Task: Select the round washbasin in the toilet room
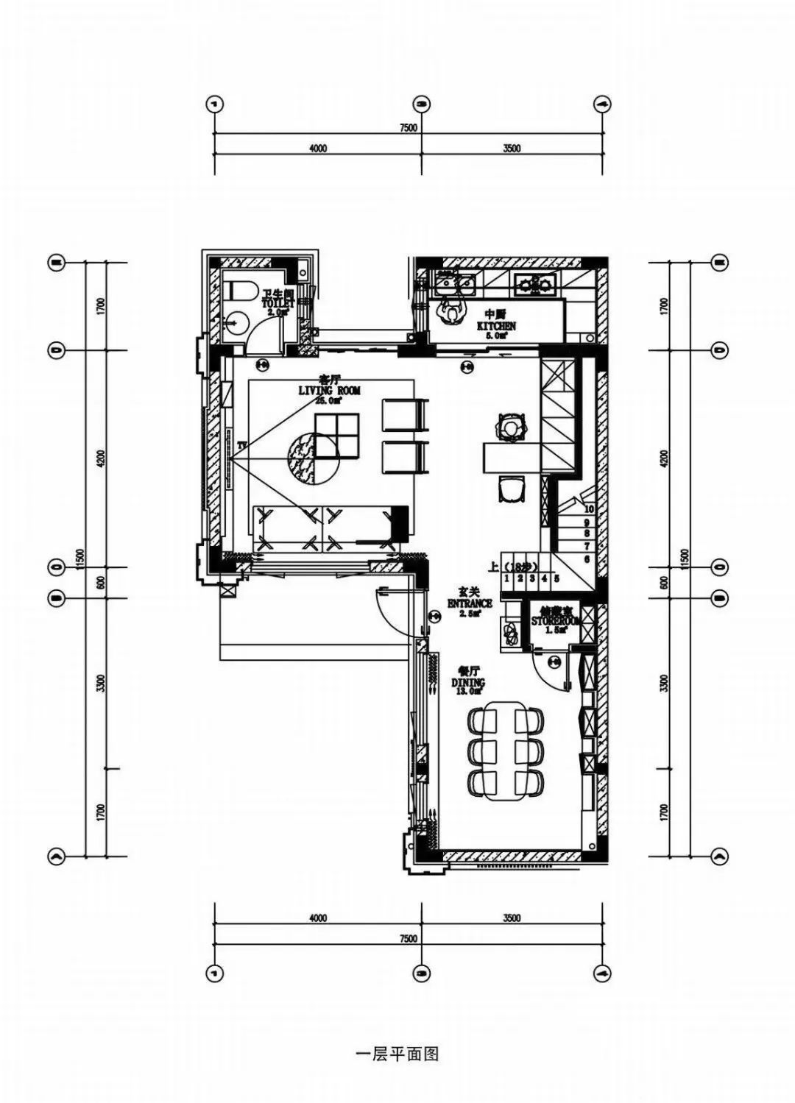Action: [235, 322]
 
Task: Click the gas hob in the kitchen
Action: [535, 281]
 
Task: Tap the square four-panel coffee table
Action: [336, 436]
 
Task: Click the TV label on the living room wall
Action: [241, 446]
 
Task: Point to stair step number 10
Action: [589, 508]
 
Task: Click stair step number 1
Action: [508, 578]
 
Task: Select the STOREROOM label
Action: [556, 621]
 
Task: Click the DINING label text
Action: [468, 683]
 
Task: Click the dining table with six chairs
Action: [506, 751]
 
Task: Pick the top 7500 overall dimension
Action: [409, 127]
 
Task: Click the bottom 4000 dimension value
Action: [318, 918]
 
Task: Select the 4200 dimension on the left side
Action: [100, 458]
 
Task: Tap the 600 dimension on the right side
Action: [663, 582]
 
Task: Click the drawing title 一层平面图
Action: [397, 1054]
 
